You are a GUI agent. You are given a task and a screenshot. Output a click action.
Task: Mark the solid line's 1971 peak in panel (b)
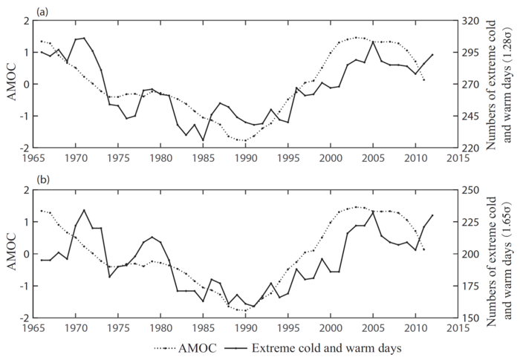tap(84, 210)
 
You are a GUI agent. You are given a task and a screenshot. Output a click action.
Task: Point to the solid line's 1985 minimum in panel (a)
tap(203, 140)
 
